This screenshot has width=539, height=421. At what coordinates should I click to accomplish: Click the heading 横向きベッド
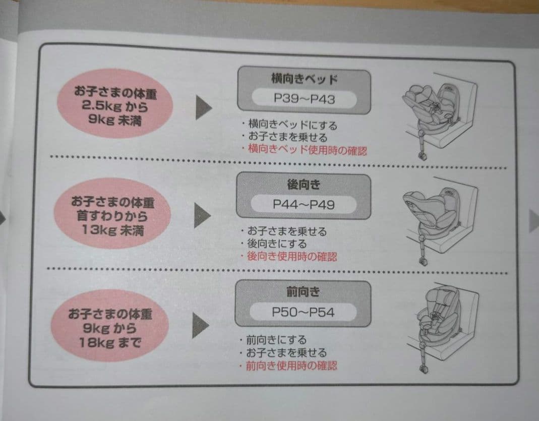click(304, 80)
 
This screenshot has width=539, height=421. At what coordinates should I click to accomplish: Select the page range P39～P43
click(304, 98)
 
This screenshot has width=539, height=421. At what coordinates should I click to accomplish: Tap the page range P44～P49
click(304, 204)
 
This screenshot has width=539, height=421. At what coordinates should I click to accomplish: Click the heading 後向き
click(304, 185)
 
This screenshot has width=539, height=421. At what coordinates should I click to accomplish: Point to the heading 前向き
click(303, 292)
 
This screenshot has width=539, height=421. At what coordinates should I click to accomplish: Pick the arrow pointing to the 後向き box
click(202, 215)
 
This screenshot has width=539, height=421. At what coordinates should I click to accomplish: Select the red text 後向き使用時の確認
click(292, 257)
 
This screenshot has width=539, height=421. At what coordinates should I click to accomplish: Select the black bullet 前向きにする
click(276, 340)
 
